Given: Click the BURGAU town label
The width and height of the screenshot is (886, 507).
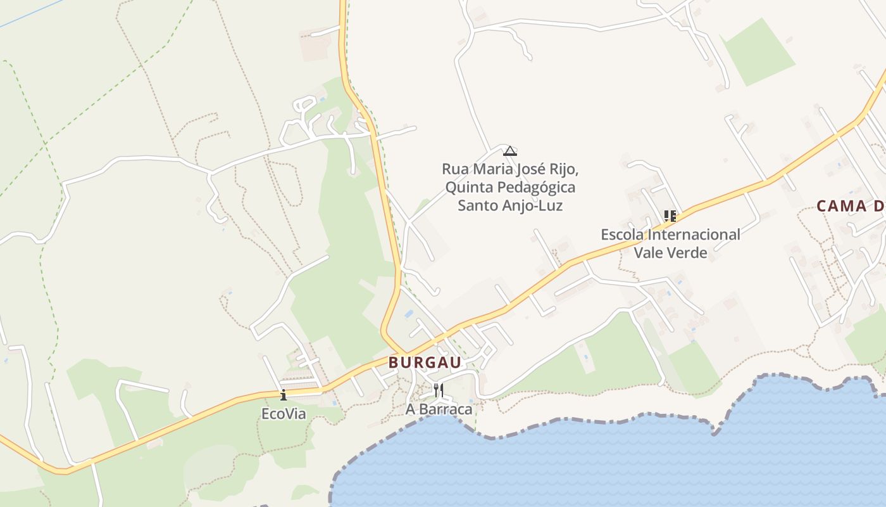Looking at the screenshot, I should pos(425,363).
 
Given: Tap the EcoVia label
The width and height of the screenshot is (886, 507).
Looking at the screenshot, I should pos(284,414).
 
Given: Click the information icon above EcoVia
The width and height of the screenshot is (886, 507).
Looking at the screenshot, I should pos(284,395).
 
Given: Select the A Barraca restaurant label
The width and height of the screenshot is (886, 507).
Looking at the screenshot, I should pos(439,409).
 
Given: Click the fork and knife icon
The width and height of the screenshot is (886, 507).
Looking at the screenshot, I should pos(438,390).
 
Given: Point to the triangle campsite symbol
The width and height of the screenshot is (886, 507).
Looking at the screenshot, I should pos(510,151).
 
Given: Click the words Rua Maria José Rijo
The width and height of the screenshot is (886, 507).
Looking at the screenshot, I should pos(510,169).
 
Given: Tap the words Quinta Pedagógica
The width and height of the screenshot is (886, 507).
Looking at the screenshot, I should pos(510,188).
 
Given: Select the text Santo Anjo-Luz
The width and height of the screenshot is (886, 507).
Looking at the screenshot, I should pos(510,205).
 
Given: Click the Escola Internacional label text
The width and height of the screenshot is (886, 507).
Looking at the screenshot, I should pos(670,234).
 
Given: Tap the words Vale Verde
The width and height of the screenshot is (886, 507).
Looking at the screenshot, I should pos(670,252).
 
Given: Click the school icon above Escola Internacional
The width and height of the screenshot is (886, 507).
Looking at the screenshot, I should pos(670,216).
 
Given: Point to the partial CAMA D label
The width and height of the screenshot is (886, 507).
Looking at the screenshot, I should pos(850,206).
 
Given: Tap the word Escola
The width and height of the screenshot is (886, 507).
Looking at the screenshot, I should pos(622,234).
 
